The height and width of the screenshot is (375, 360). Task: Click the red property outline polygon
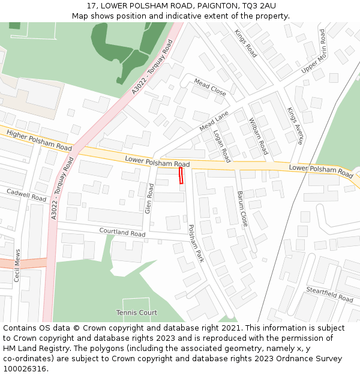click(x=181, y=175)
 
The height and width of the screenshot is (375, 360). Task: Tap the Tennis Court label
click(x=137, y=313)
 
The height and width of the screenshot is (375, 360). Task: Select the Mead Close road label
click(x=210, y=88)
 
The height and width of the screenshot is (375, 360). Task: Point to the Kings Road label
click(x=245, y=44)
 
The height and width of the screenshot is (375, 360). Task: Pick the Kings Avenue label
click(x=295, y=126)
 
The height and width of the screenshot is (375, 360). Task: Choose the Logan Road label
click(x=222, y=146)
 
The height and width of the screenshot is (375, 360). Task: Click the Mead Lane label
click(x=215, y=121)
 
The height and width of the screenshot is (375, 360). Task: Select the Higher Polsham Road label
click(x=39, y=140)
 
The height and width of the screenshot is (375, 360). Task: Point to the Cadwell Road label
click(x=26, y=195)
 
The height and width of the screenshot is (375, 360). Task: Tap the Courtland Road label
click(x=122, y=231)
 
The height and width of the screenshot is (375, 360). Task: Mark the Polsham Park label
click(x=197, y=244)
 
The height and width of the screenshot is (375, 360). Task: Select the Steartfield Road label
click(x=329, y=294)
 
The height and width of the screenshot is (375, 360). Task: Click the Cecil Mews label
click(x=17, y=266)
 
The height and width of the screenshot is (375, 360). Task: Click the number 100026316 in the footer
click(x=25, y=368)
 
